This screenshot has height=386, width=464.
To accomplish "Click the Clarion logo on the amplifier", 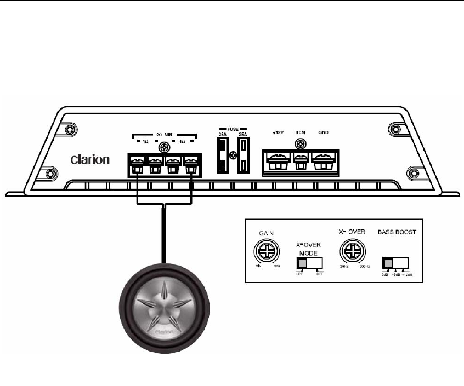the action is click(90, 160).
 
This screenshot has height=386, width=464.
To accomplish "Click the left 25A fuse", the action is click(223, 155).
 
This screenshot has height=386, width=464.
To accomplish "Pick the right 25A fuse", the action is click(242, 155).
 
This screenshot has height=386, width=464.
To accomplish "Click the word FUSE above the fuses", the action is click(232, 125).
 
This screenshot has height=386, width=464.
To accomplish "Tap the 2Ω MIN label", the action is click(163, 134).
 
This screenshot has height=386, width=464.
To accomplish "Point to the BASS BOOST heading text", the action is click(397, 232).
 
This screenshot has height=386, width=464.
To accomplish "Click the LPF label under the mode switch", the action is click(299, 274).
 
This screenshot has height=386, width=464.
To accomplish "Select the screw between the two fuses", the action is click(232, 155).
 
